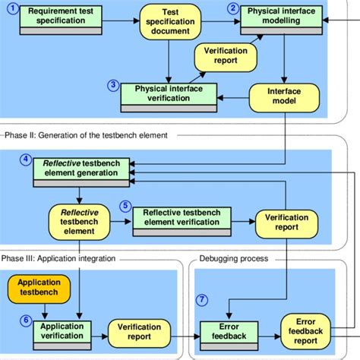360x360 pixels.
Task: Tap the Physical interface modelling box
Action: click(x=283, y=16)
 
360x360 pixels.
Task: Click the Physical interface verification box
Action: click(x=172, y=94)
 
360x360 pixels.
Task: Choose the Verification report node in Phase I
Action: click(x=225, y=59)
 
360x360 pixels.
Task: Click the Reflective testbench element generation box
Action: click(x=81, y=168)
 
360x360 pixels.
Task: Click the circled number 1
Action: click(x=11, y=8)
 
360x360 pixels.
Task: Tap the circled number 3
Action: click(x=113, y=85)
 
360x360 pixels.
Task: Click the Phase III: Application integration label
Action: click(x=65, y=258)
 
